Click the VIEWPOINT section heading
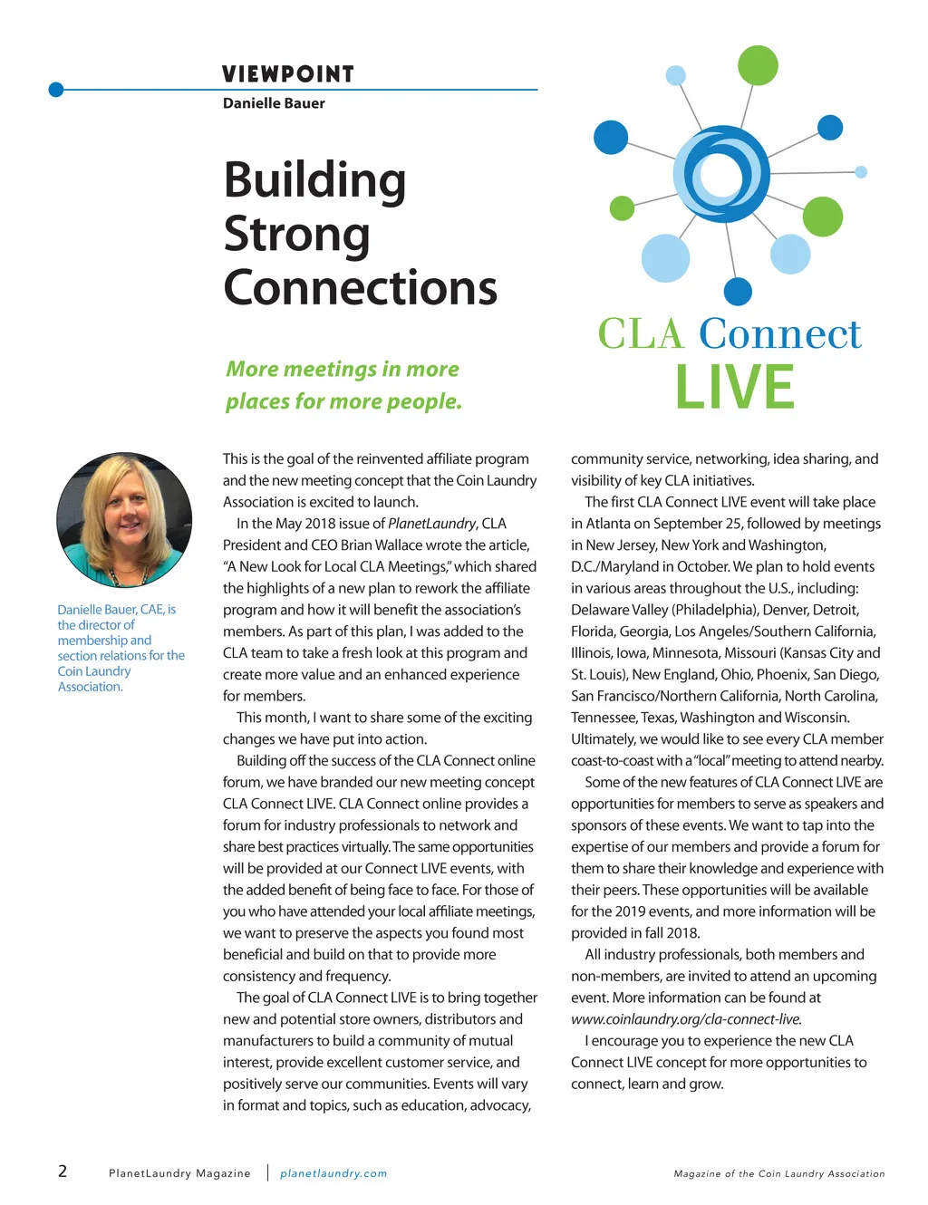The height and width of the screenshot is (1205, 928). pos(288,74)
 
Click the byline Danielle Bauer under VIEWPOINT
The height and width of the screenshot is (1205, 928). pos(274,103)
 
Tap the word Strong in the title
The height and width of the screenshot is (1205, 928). pos(297,234)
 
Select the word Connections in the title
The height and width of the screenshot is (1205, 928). pos(361,288)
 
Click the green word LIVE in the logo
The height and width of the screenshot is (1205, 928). pos(735,388)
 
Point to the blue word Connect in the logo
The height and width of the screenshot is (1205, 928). pos(779,333)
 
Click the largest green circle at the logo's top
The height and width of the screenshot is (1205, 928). pos(758,64)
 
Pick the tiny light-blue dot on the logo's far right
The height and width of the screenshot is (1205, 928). pos(861,172)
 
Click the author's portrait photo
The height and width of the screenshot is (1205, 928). pos(124,520)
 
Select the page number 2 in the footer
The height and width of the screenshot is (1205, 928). pos(63,1171)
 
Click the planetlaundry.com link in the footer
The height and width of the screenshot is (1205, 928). pos(333,1173)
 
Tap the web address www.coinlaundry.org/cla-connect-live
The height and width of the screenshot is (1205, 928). pos(686,1019)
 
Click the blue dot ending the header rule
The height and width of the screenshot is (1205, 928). pos(56,90)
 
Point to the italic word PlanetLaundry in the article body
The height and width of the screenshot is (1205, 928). pos(431,524)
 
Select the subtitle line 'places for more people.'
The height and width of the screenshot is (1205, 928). pos(343,401)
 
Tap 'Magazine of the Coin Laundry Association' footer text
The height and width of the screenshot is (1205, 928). pos(779,1173)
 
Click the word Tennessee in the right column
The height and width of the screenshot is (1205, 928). pos(604,718)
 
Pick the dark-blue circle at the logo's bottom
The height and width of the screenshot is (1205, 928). pos(739,292)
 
